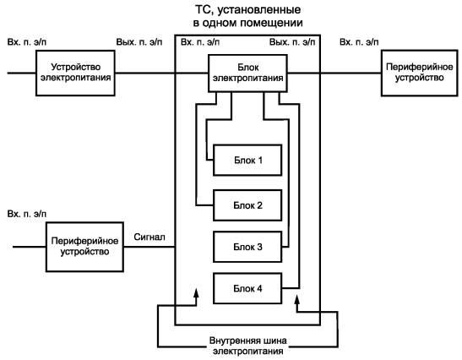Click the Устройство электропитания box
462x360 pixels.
pos(75,73)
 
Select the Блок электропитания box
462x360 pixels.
pos(247,74)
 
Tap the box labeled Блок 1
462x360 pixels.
pos(247,160)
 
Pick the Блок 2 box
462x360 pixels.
pos(247,205)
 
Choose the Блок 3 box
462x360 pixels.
pos(247,247)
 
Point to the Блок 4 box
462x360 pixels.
pos(247,288)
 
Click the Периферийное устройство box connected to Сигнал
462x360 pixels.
pos(84,247)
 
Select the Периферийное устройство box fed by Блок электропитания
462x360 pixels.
pos(420,73)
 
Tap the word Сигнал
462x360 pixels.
pos(149,237)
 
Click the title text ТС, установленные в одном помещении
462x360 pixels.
pos(247,16)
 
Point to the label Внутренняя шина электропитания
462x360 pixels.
pos(247,346)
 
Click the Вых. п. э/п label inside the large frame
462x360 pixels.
pos(292,42)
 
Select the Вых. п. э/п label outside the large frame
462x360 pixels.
pos(139,42)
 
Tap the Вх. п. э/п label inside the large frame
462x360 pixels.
pos(200,42)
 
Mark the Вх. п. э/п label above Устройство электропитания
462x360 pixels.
pos(27,42)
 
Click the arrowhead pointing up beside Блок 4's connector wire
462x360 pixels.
pos(297,301)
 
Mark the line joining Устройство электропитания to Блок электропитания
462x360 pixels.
pos(161,73)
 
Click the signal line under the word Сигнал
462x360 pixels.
pos(149,247)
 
